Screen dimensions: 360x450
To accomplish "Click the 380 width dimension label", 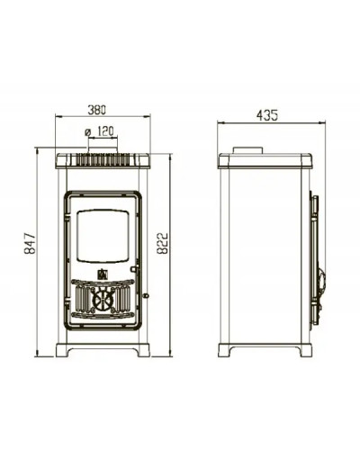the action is pos(96,110).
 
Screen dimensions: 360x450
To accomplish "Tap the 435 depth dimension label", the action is pos(267,115).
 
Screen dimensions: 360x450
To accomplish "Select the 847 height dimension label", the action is pos(30,243).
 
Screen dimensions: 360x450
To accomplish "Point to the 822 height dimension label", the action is pos(162,243).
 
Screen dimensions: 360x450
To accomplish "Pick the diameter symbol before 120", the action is pos(87,132).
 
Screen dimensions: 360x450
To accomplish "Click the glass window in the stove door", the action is pos(103,237).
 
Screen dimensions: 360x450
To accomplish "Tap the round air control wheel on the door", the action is pos(103,300).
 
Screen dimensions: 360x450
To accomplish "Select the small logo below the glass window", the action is pos(103,274).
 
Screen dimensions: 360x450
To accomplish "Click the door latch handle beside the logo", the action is pos(135,268).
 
